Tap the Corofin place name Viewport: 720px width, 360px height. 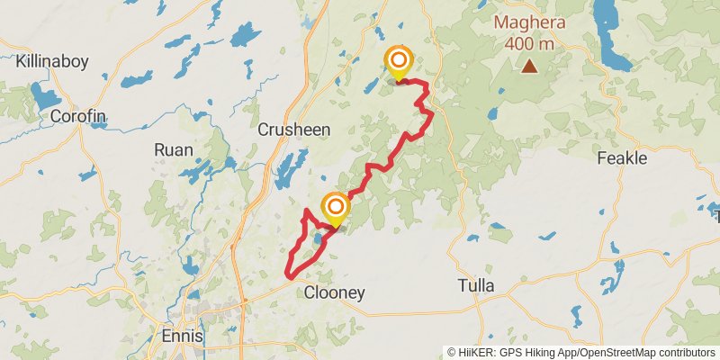click(x=78, y=117)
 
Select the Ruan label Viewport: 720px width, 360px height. click(x=173, y=150)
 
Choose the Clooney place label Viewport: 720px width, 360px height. click(x=334, y=292)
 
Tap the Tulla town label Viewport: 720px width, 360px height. click(x=475, y=286)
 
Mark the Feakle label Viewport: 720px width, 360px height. click(x=622, y=157)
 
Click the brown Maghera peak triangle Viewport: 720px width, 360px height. click(x=530, y=66)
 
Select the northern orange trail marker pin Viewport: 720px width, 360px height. click(x=398, y=63)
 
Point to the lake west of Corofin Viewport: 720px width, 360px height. click(x=41, y=94)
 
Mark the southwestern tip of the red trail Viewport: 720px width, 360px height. click(x=287, y=274)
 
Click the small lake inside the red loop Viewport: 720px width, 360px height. click(x=319, y=239)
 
